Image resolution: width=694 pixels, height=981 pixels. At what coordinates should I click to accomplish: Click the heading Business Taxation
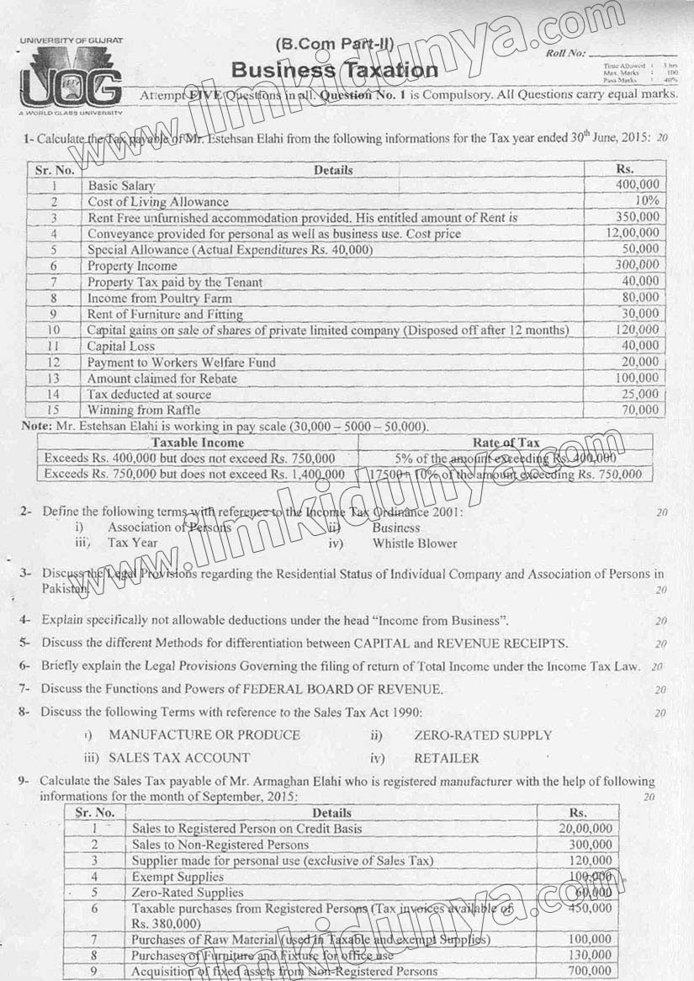pos(334,71)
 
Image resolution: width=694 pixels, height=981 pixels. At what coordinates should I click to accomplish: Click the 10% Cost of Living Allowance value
pos(647,201)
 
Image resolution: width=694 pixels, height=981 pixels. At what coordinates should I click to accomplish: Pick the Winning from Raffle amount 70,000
pos(641,410)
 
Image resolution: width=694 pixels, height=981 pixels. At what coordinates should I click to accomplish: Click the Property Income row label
pos(132,266)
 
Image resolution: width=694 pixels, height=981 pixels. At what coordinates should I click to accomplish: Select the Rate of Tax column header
pos(506,443)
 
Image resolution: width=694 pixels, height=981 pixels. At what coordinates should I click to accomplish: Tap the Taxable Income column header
pos(198,443)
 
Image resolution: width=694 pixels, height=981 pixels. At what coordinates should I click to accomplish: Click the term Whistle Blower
pos(415,544)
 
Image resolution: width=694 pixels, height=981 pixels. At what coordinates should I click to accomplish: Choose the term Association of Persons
pos(169,528)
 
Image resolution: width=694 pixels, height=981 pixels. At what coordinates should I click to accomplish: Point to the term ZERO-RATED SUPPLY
pos(483,735)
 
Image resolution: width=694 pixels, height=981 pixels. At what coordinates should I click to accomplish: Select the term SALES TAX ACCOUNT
pos(179,757)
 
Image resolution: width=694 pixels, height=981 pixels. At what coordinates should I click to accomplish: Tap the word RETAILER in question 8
pos(446,757)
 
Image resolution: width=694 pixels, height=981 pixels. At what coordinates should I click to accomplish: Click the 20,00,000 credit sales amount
pos(585,829)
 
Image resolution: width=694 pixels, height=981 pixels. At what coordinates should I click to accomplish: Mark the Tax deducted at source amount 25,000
pos(641,394)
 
